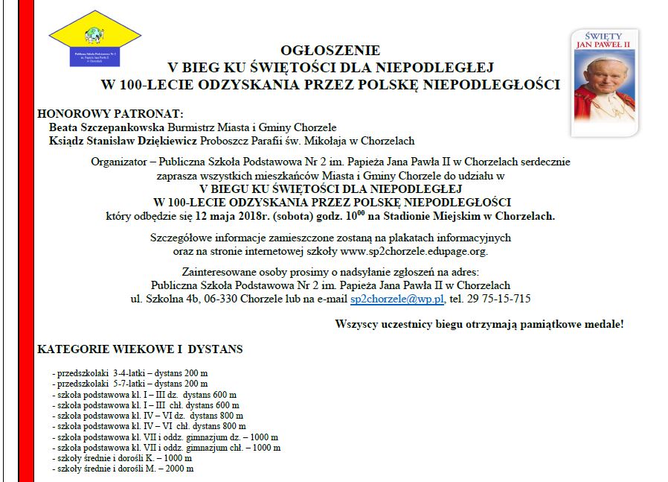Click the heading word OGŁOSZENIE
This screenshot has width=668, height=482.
(x=330, y=51)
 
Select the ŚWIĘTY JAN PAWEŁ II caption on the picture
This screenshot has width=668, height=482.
(x=604, y=41)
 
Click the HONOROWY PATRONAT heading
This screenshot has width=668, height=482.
(x=110, y=113)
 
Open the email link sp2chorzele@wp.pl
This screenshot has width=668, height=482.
(x=397, y=299)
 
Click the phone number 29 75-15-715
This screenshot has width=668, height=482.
(x=501, y=299)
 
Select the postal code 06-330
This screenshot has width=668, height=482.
(x=222, y=299)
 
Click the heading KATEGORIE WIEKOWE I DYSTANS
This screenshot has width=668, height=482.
(x=140, y=349)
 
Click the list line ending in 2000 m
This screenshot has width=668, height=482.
(x=123, y=469)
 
